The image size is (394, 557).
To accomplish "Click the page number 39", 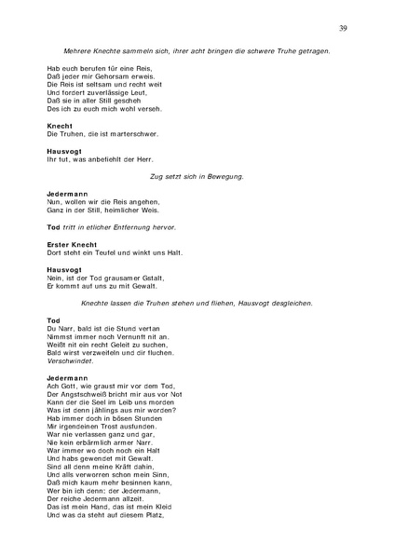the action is pos(344,29).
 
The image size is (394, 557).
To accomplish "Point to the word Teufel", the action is pos(107,252).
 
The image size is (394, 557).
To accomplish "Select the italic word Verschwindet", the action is pos(72,361).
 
